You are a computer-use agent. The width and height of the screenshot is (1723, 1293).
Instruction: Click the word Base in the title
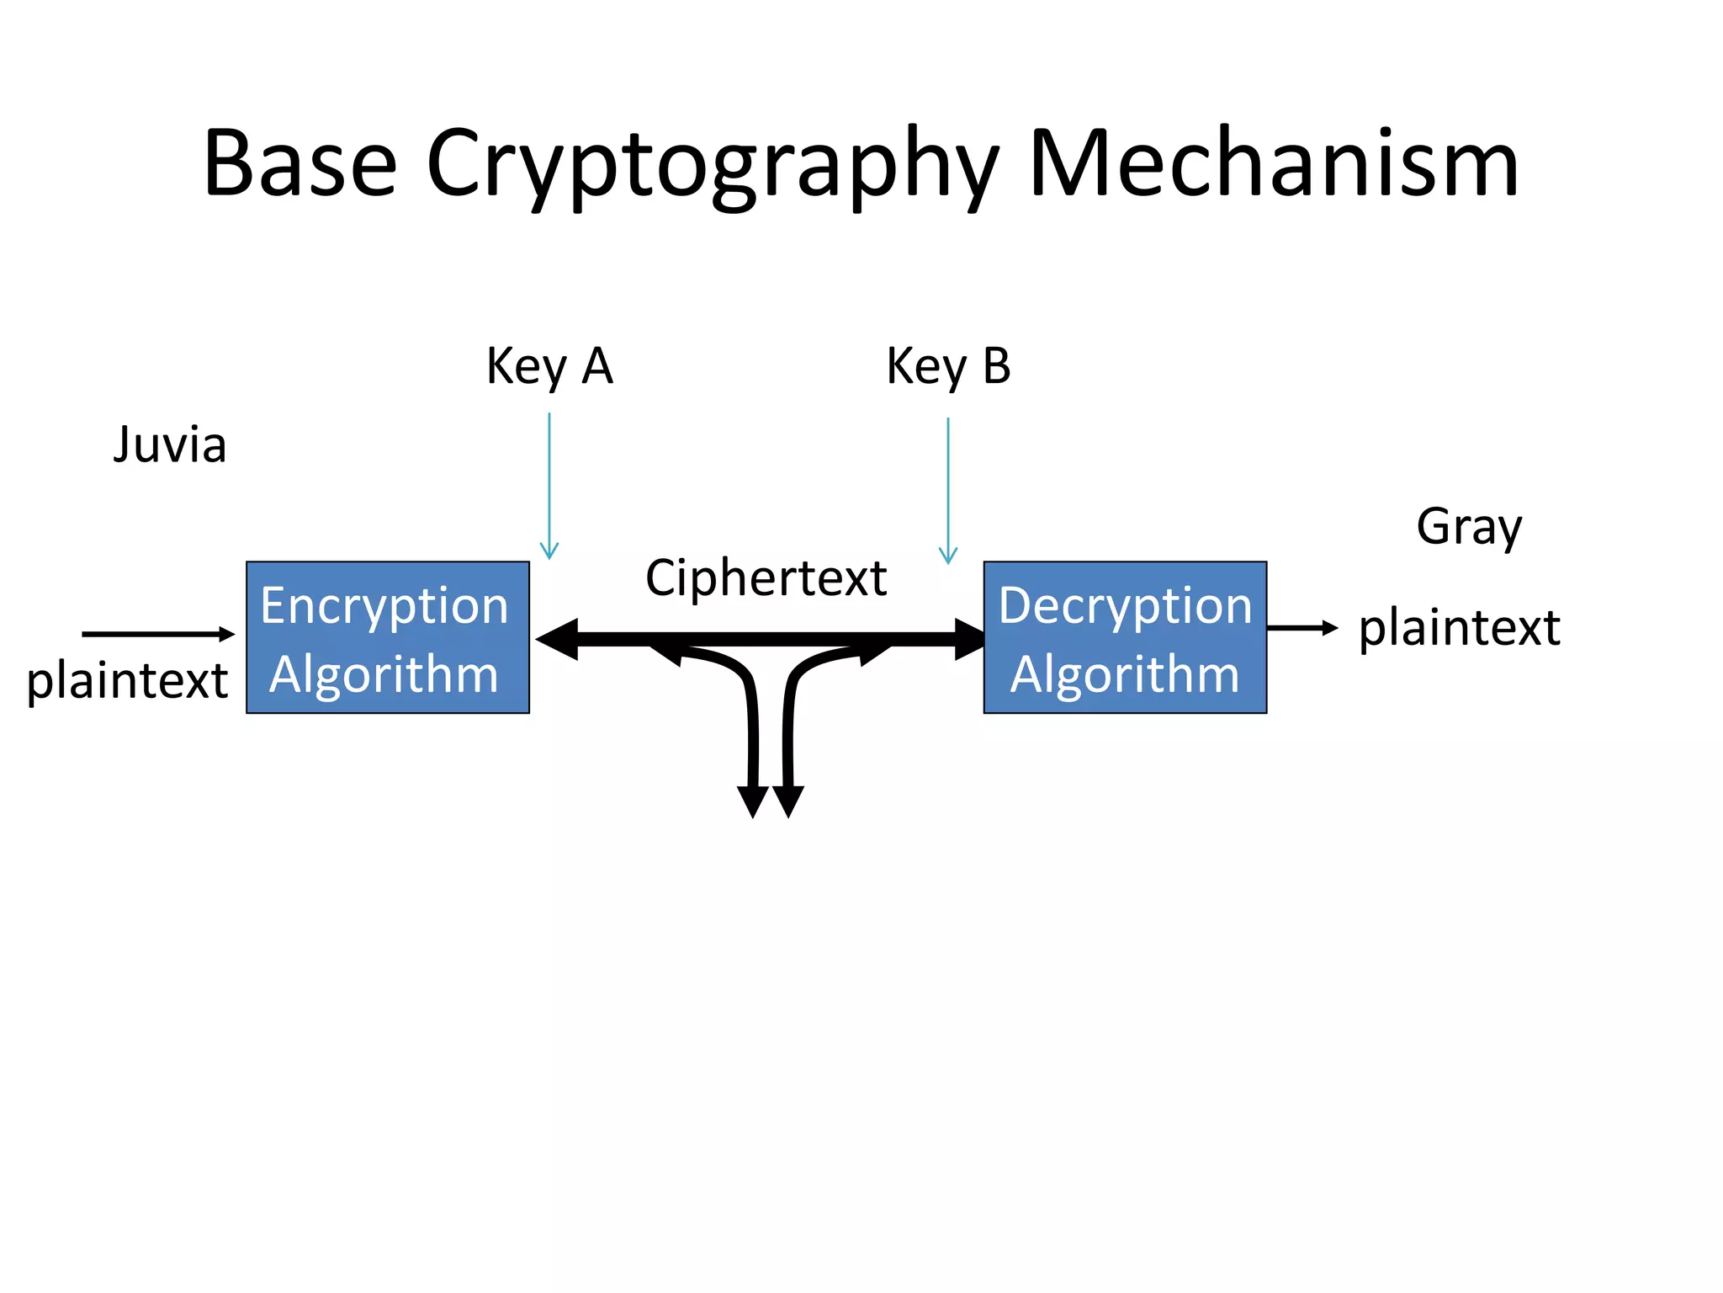pyautogui.click(x=300, y=163)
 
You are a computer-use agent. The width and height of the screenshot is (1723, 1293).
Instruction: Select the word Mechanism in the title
pyautogui.click(x=1273, y=163)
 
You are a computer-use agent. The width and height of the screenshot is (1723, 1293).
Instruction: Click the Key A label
pyautogui.click(x=549, y=366)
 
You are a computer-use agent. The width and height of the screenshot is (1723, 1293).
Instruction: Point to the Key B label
pyautogui.click(x=948, y=366)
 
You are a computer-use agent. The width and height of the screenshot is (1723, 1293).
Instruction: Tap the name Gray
pyautogui.click(x=1469, y=527)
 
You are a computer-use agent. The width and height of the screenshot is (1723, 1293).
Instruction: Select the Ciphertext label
pyautogui.click(x=766, y=578)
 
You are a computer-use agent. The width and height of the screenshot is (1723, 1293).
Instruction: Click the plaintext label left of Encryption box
pyautogui.click(x=127, y=680)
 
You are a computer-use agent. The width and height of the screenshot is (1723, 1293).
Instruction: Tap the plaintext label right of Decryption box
pyautogui.click(x=1460, y=628)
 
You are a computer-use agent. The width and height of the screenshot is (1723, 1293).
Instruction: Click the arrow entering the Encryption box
pyautogui.click(x=157, y=634)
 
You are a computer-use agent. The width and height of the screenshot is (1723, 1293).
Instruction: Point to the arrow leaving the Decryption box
pyautogui.click(x=1302, y=628)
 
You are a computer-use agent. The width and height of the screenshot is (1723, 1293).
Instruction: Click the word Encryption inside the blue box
pyautogui.click(x=384, y=605)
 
